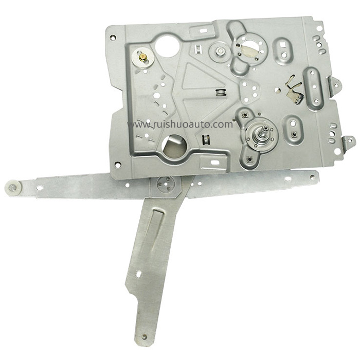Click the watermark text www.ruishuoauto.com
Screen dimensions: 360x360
pos(180,124)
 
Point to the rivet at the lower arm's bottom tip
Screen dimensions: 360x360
pos(145,337)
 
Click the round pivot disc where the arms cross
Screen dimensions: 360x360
pos(166,184)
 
